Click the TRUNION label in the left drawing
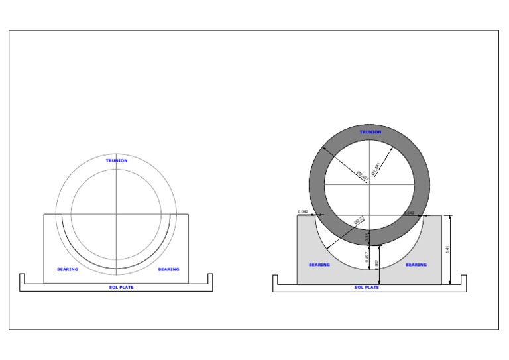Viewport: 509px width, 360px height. point(117,160)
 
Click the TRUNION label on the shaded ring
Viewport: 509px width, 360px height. point(370,132)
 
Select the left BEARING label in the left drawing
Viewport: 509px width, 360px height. point(67,269)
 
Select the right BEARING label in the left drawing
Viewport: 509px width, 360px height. point(168,269)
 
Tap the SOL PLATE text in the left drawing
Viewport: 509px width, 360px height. point(121,288)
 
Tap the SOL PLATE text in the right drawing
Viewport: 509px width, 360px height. point(367,288)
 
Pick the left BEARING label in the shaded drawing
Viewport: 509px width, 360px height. point(319,265)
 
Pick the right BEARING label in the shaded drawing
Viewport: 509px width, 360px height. point(416,265)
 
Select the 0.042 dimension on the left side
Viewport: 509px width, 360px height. point(303,211)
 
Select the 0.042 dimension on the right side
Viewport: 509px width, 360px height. point(409,213)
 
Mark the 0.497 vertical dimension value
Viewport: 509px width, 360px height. point(367,257)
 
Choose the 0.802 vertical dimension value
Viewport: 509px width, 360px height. point(376,264)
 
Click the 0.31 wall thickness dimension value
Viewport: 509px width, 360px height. point(367,237)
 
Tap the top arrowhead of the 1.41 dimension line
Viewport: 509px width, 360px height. point(451,217)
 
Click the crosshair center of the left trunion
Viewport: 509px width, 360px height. point(116,214)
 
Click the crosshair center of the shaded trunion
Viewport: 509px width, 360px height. point(370,183)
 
